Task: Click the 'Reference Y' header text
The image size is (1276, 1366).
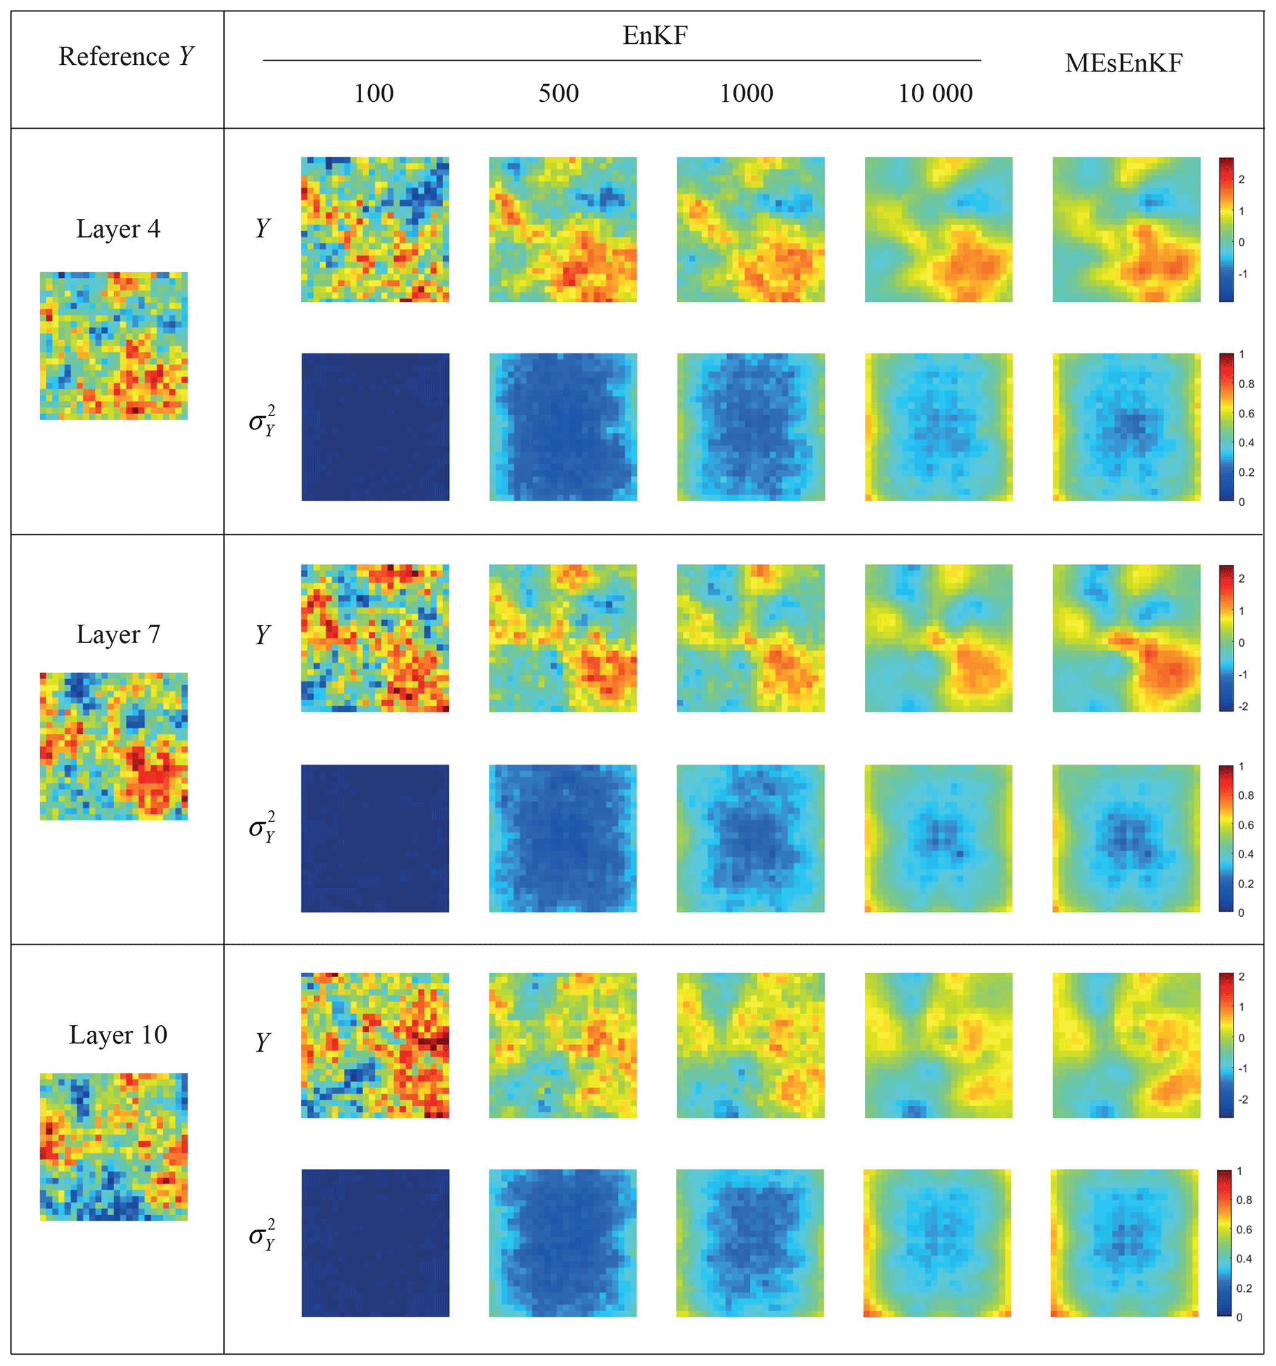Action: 127,57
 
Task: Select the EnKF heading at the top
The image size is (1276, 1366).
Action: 654,36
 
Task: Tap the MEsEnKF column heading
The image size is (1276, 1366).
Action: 1123,63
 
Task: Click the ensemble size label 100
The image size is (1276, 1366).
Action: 374,93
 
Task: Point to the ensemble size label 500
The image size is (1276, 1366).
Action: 558,93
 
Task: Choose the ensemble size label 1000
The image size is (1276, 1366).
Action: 746,93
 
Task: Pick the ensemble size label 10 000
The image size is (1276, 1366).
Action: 935,93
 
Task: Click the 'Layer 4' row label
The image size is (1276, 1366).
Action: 118,229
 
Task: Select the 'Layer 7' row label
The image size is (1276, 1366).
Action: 118,634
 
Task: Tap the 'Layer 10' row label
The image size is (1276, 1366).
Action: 118,1035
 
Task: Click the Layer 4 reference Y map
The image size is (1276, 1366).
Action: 114,346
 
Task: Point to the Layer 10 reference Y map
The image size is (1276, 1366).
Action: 114,1146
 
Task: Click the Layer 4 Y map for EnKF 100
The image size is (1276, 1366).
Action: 375,230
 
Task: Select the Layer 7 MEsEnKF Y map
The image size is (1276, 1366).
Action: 1126,638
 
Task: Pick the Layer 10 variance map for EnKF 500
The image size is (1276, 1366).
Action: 563,1243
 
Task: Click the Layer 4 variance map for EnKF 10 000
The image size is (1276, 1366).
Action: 938,427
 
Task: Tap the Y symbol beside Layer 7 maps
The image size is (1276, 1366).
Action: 262,634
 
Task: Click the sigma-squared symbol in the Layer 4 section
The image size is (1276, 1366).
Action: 262,421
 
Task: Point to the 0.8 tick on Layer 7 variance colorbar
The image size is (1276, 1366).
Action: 1245,795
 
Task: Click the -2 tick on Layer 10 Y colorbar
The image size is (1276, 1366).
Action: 1242,1099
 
